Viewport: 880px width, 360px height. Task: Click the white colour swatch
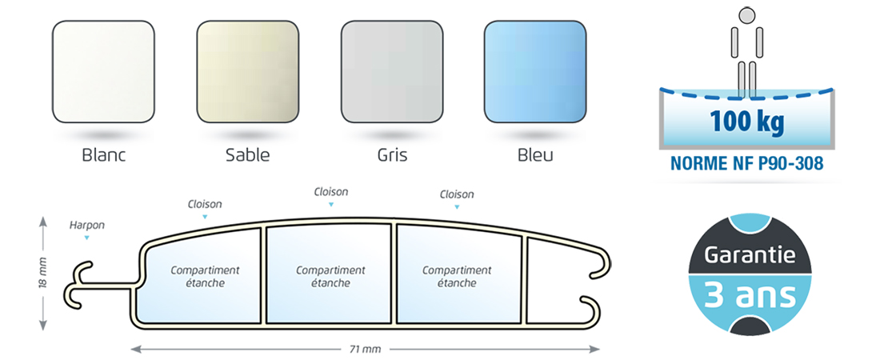click(x=103, y=71)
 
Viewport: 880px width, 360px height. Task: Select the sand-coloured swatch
click(x=247, y=71)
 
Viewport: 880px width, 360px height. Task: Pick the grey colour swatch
click(x=392, y=71)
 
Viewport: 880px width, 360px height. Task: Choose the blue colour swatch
click(x=535, y=71)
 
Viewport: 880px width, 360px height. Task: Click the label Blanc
click(x=104, y=155)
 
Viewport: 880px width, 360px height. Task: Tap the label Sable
click(x=247, y=155)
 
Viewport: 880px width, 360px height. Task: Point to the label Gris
click(x=392, y=155)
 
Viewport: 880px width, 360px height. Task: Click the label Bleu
click(x=535, y=155)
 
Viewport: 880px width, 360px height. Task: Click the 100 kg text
click(x=746, y=122)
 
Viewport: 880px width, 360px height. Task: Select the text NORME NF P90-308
click(x=747, y=163)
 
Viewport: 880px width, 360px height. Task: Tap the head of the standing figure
click(x=746, y=16)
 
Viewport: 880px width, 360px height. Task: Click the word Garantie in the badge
click(x=750, y=256)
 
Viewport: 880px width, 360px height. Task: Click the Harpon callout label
click(x=87, y=226)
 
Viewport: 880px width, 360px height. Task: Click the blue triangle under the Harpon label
click(x=86, y=238)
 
